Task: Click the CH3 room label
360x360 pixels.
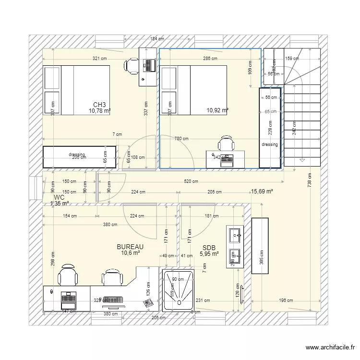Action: tap(99, 105)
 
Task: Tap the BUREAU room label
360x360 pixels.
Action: tap(130, 247)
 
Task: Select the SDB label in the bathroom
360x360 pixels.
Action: tap(209, 248)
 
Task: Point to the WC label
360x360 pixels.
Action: tap(59, 197)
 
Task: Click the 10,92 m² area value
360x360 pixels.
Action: tap(217, 110)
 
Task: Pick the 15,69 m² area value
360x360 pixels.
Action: tap(262, 192)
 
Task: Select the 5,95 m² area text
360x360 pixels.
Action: tap(209, 254)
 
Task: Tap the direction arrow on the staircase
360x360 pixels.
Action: tap(302, 160)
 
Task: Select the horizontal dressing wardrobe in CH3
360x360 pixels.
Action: tap(79, 157)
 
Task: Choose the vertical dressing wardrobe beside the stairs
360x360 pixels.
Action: tap(270, 128)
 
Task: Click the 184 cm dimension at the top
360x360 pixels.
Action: tap(157, 39)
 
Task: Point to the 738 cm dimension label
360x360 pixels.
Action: tap(310, 180)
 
